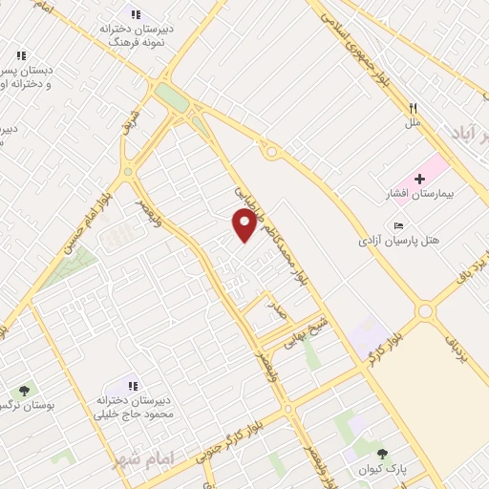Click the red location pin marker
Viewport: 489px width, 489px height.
pyautogui.click(x=244, y=224)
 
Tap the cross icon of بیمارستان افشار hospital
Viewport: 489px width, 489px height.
pyautogui.click(x=419, y=180)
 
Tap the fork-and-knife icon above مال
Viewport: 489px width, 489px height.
pyautogui.click(x=413, y=109)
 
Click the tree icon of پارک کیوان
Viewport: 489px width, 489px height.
pyautogui.click(x=383, y=455)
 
